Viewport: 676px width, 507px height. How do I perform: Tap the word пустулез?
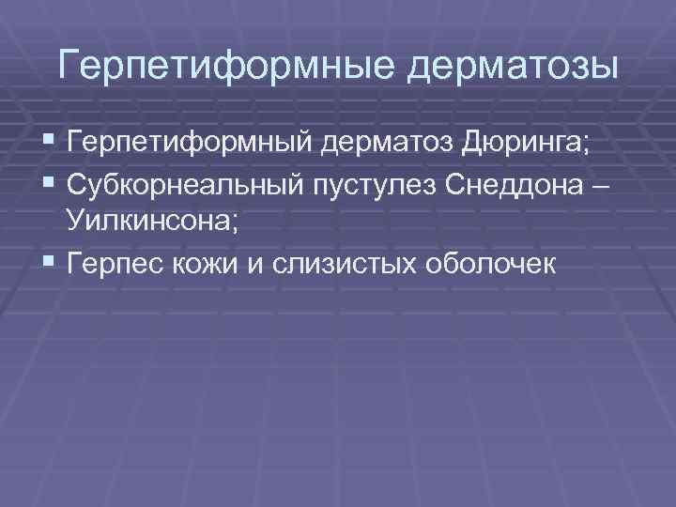pyautogui.click(x=373, y=183)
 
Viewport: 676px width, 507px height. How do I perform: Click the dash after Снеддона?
pyautogui.click(x=602, y=184)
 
